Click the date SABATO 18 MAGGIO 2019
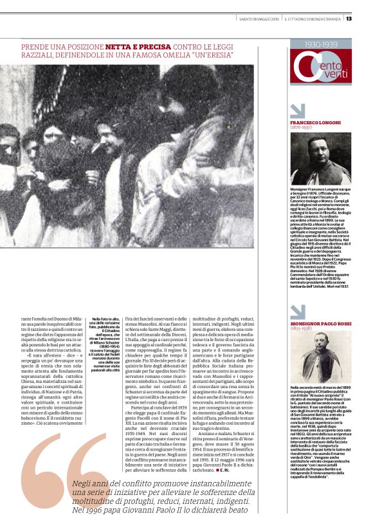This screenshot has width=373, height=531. pos(257,18)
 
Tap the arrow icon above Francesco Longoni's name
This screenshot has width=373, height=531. pos(298,110)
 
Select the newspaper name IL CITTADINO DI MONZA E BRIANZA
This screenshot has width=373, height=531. pos(315,18)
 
